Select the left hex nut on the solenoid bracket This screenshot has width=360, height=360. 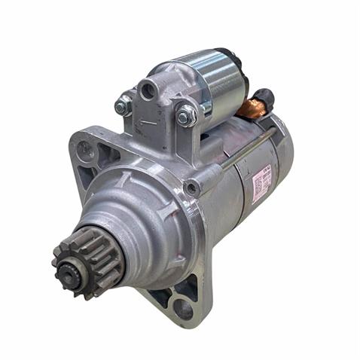coord(123,106)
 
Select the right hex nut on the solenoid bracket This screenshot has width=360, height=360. coord(185,115)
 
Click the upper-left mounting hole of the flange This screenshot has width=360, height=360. coord(86,149)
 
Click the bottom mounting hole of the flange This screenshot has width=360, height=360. coord(183,306)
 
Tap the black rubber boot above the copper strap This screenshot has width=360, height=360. coord(263,96)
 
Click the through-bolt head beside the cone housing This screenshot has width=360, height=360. coord(194,186)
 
